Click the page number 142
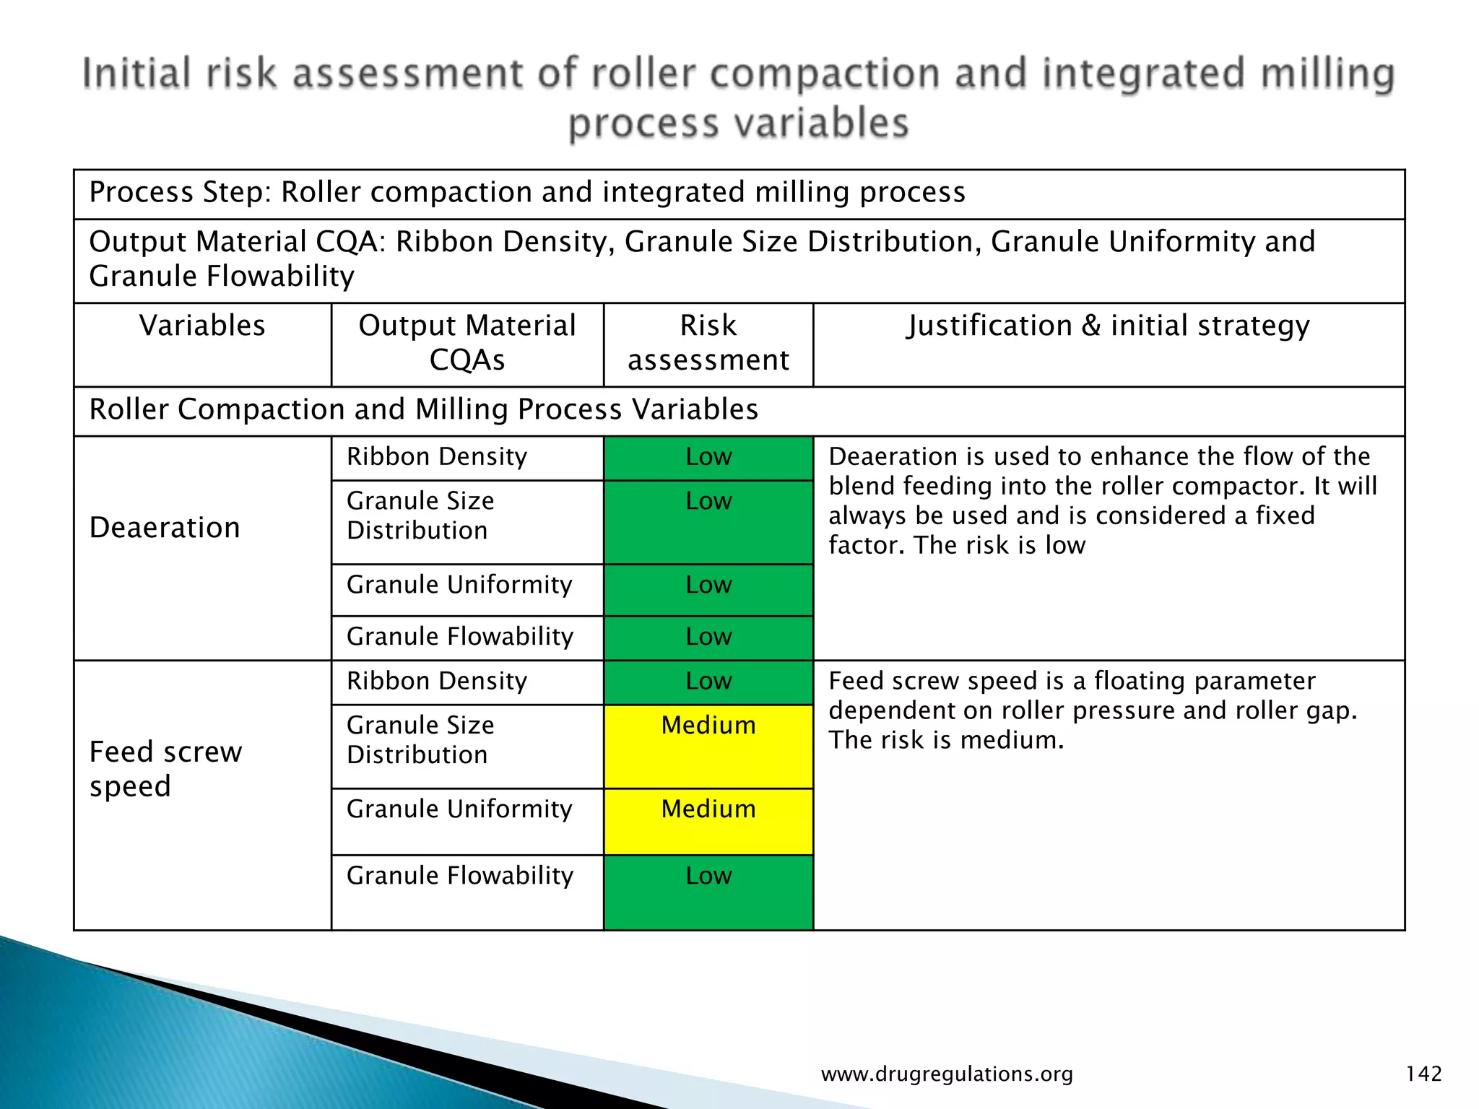coord(1423,1074)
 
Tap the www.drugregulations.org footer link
coord(947,1074)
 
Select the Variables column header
coord(202,326)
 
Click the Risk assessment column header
coord(708,343)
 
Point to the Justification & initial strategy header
coord(1108,326)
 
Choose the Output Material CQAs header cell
coord(467,343)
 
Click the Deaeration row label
coord(165,528)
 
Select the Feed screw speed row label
coord(166,769)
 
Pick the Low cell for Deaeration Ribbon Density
coord(708,457)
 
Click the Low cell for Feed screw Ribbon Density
coord(708,681)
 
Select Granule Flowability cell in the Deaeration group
coord(460,637)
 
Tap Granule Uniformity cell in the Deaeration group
coord(459,585)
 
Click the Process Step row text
coord(527,193)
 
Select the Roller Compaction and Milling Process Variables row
coord(423,409)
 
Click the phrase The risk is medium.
coord(946,740)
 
